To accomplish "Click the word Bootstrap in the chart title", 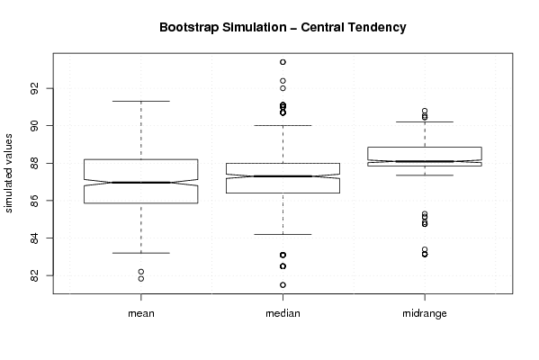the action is [x=189, y=28].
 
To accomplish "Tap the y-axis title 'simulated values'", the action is [x=8, y=174].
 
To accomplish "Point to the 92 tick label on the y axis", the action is [x=34, y=88].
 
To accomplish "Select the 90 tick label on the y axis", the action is [x=34, y=125].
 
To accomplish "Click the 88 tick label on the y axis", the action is [x=34, y=163].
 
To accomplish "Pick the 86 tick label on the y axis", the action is [x=34, y=201].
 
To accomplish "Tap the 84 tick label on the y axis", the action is [x=34, y=238].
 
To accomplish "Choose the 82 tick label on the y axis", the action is [x=34, y=275].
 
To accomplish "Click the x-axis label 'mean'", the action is [x=141, y=313].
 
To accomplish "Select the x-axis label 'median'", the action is [x=283, y=313].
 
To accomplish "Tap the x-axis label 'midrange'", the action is [x=425, y=313].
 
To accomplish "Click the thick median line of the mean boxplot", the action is [x=141, y=182].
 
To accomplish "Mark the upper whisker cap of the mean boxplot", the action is [x=141, y=101].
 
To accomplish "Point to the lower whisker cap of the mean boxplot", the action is [x=141, y=253].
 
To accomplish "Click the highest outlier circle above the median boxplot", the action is [x=283, y=62].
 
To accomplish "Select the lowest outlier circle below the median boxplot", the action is [x=283, y=284].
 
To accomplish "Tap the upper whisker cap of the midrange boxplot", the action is [x=425, y=121].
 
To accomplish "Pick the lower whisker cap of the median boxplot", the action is [x=283, y=234].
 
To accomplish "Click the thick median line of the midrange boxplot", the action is [x=425, y=161].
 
